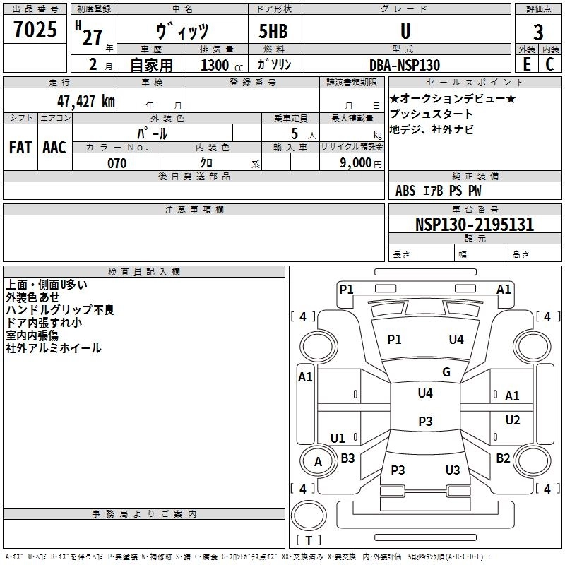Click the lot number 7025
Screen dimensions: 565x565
coord(35,31)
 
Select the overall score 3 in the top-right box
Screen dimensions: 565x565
coord(538,32)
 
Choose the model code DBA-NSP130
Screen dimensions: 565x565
coord(405,65)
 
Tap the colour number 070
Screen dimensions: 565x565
coord(117,164)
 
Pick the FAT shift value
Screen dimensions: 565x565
coord(20,148)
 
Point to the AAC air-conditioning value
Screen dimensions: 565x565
coord(54,148)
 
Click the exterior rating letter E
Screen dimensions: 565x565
coord(527,64)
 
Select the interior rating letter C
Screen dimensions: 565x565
coord(549,64)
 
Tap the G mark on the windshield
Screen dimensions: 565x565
coord(446,372)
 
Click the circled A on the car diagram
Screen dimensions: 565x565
coord(318,462)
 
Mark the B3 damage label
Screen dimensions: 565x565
coord(347,458)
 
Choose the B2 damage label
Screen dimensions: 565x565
coord(503,458)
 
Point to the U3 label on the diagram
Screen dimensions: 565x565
coord(453,470)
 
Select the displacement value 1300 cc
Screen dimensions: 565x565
coord(219,65)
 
